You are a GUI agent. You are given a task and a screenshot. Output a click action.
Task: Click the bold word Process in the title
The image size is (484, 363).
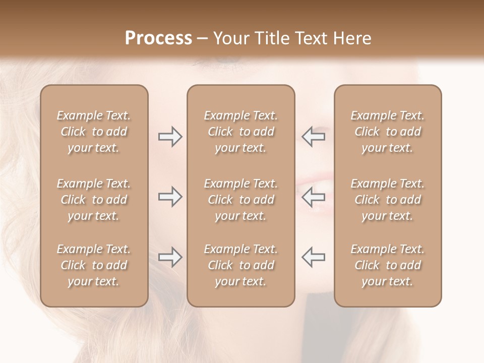(158, 38)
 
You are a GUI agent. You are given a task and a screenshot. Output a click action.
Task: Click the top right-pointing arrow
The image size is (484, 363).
(170, 137)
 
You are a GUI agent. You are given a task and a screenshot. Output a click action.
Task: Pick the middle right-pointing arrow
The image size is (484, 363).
(170, 197)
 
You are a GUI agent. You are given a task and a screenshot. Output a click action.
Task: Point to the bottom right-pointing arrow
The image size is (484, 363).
(170, 257)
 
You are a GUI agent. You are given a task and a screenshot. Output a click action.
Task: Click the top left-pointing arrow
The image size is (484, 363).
(313, 137)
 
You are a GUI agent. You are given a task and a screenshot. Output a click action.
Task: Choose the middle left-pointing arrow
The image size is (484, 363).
(313, 197)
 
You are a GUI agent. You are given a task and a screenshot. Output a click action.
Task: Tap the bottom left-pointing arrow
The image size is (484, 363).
(313, 257)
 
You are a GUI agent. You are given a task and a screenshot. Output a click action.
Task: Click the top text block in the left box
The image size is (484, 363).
(94, 132)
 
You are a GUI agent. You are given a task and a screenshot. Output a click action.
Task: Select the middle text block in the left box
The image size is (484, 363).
(94, 200)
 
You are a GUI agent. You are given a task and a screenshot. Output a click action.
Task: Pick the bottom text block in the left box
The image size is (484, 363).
(94, 265)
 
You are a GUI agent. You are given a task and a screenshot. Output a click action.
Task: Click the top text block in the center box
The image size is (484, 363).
(240, 132)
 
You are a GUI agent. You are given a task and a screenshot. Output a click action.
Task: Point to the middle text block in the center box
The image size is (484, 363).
(240, 200)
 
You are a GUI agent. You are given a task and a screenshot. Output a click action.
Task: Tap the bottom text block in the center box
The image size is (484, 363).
(240, 265)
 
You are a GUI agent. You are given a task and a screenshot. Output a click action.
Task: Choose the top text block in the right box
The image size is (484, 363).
(387, 132)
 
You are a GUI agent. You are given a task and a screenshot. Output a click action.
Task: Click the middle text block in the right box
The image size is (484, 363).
(387, 200)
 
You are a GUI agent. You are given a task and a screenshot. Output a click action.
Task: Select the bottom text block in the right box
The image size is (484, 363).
(387, 265)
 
